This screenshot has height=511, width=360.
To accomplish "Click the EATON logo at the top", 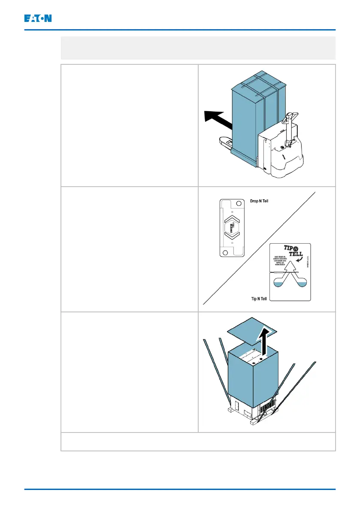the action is pos(37,18).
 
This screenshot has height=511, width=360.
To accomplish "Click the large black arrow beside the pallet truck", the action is pos(217,120).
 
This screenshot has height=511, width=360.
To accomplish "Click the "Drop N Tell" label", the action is pos(260,200).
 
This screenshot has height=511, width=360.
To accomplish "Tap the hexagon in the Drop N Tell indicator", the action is pos(232,228).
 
